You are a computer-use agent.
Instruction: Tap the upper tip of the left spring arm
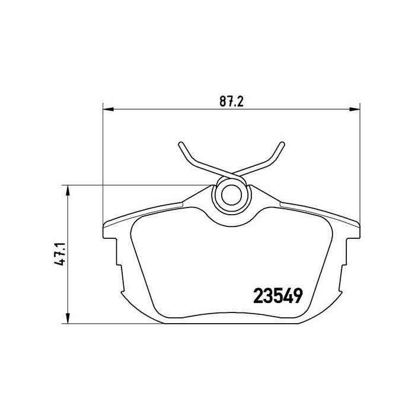pyautogui.click(x=181, y=143)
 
